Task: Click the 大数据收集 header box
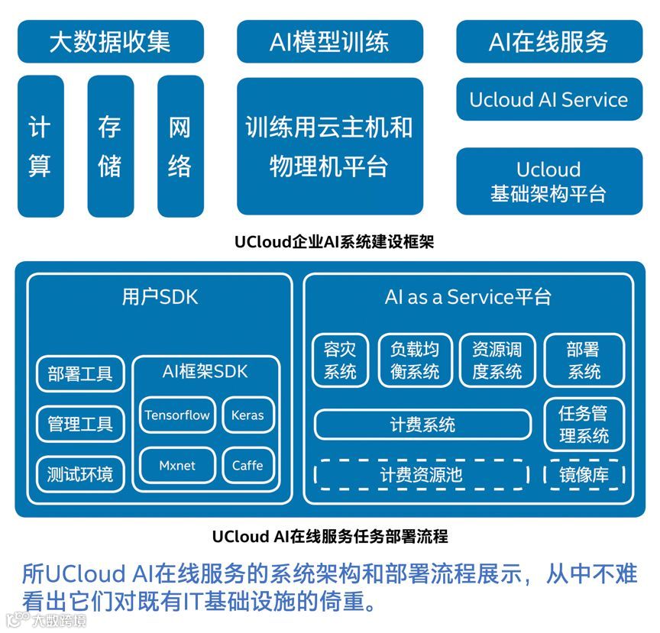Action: pos(110,41)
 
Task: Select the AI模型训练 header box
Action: pos(329,41)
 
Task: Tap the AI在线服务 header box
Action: pos(548,41)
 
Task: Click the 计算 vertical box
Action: pos(40,145)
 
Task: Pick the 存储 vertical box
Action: pos(110,145)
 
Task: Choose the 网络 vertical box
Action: pos(180,145)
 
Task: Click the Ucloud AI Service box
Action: pos(548,100)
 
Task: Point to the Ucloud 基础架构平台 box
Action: pos(548,181)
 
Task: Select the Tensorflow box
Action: pos(177,415)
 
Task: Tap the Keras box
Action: pos(247,415)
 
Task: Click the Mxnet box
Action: pos(177,465)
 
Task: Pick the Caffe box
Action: pos(247,465)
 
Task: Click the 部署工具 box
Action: pos(80,374)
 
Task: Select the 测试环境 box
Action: pos(80,474)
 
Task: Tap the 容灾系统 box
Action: pos(341,360)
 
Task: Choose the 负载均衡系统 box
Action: pos(415,360)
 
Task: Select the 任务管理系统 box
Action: pos(584,425)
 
